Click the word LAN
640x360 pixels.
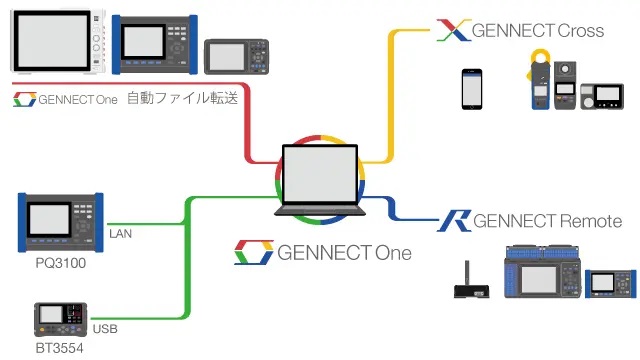pos(122,235)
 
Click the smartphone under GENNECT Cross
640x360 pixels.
pos(471,88)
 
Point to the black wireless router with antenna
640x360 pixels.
pos(469,288)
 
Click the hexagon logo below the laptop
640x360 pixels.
pos(253,252)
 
